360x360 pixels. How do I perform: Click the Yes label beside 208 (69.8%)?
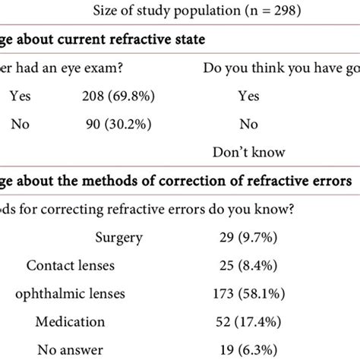(x=22, y=96)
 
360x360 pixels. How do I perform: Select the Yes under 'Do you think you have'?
(x=248, y=96)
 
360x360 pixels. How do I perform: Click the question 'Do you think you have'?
(x=281, y=68)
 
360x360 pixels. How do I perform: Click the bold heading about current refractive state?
(x=106, y=40)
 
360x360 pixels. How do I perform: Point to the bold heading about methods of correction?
(x=175, y=181)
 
